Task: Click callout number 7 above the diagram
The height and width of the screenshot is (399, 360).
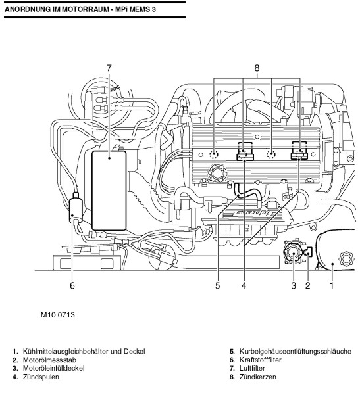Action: click(109, 68)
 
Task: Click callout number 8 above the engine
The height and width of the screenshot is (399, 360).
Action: click(257, 68)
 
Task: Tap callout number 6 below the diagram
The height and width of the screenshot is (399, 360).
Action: click(72, 285)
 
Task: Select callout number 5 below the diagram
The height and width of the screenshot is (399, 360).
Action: click(217, 285)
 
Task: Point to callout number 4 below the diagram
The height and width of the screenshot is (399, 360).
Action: click(244, 285)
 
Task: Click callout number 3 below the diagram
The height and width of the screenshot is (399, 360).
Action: click(294, 285)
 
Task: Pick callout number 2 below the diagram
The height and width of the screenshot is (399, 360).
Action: click(308, 285)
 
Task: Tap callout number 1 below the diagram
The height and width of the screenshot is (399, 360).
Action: click(332, 285)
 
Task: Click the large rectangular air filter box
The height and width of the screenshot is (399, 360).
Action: click(109, 191)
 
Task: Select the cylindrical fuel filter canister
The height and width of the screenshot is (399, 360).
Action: click(76, 208)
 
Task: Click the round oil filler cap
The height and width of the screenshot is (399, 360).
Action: click(293, 253)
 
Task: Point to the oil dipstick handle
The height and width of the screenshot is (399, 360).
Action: click(309, 252)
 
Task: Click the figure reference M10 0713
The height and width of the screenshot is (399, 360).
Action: click(58, 315)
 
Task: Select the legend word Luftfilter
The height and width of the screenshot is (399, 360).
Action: click(252, 368)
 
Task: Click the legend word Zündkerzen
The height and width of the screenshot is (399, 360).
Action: click(258, 377)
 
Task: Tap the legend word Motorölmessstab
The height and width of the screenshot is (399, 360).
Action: click(49, 360)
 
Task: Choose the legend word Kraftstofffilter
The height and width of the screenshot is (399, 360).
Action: click(261, 360)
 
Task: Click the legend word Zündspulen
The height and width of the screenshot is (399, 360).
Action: click(41, 377)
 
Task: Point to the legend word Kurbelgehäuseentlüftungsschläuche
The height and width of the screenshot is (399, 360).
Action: click(296, 352)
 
